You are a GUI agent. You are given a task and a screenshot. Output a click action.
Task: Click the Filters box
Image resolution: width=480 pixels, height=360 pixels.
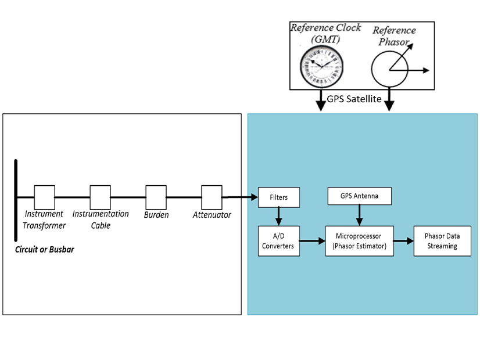(278, 197)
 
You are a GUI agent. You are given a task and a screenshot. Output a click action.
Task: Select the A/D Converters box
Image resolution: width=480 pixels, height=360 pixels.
(278, 241)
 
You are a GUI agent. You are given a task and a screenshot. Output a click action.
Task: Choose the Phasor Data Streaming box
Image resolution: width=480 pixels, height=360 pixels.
(441, 241)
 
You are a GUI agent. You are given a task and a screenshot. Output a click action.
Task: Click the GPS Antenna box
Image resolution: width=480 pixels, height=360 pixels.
(359, 196)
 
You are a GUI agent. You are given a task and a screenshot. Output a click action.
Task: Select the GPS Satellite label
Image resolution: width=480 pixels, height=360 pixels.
(354, 99)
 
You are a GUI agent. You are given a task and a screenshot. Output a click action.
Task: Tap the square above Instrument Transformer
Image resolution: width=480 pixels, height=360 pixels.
(45, 197)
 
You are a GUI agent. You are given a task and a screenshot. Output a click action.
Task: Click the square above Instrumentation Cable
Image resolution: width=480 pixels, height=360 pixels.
(100, 197)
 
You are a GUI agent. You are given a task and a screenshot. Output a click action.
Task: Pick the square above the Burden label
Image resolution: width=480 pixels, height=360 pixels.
(156, 197)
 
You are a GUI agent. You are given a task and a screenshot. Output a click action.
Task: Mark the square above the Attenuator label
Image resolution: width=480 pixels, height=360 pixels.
(212, 197)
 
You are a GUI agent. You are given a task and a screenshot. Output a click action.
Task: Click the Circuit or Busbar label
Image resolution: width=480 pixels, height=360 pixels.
(44, 250)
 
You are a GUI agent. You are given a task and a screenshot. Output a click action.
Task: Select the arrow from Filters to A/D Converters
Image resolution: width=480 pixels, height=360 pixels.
(278, 217)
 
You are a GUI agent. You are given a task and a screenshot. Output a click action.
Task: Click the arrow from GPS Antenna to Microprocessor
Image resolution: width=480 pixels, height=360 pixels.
(359, 215)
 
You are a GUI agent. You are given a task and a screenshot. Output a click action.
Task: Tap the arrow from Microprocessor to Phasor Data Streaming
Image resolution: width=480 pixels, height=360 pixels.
(402, 239)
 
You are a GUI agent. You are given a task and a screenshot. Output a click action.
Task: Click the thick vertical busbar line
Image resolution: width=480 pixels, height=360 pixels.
(16, 200)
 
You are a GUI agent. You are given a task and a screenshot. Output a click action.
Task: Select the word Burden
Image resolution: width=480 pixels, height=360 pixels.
(156, 215)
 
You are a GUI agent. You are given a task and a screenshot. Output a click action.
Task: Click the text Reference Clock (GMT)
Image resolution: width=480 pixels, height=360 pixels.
(326, 33)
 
